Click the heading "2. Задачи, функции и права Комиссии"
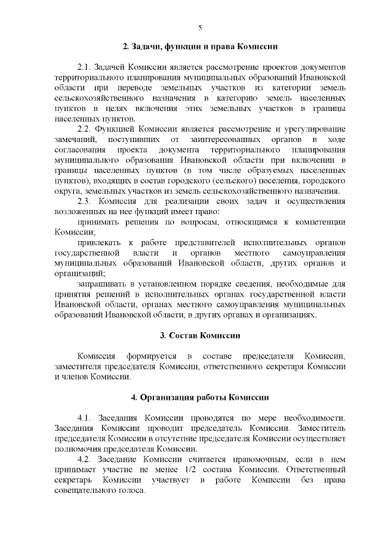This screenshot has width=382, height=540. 200,46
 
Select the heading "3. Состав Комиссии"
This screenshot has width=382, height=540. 200,334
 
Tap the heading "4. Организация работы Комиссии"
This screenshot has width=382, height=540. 200,397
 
